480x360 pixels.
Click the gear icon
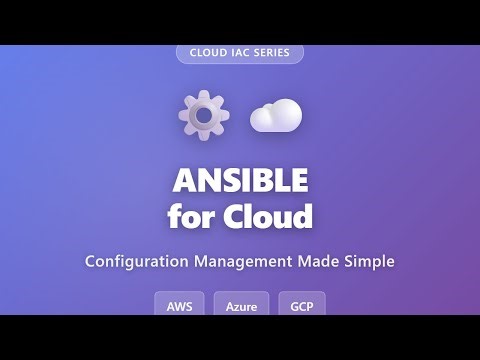pyautogui.click(x=203, y=115)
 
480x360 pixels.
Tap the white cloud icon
pyautogui.click(x=276, y=116)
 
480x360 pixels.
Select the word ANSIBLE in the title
pyautogui.click(x=240, y=181)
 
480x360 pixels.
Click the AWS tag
pyautogui.click(x=180, y=305)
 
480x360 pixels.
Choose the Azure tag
pyautogui.click(x=240, y=305)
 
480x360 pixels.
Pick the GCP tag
pyautogui.click(x=301, y=305)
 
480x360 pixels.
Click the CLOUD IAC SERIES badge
pyautogui.click(x=240, y=52)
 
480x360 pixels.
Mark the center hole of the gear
pyautogui.click(x=203, y=115)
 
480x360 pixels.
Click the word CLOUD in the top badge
pyautogui.click(x=207, y=52)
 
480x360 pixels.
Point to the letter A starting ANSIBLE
pyautogui.click(x=184, y=181)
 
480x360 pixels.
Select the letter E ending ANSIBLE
pyautogui.click(x=298, y=181)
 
